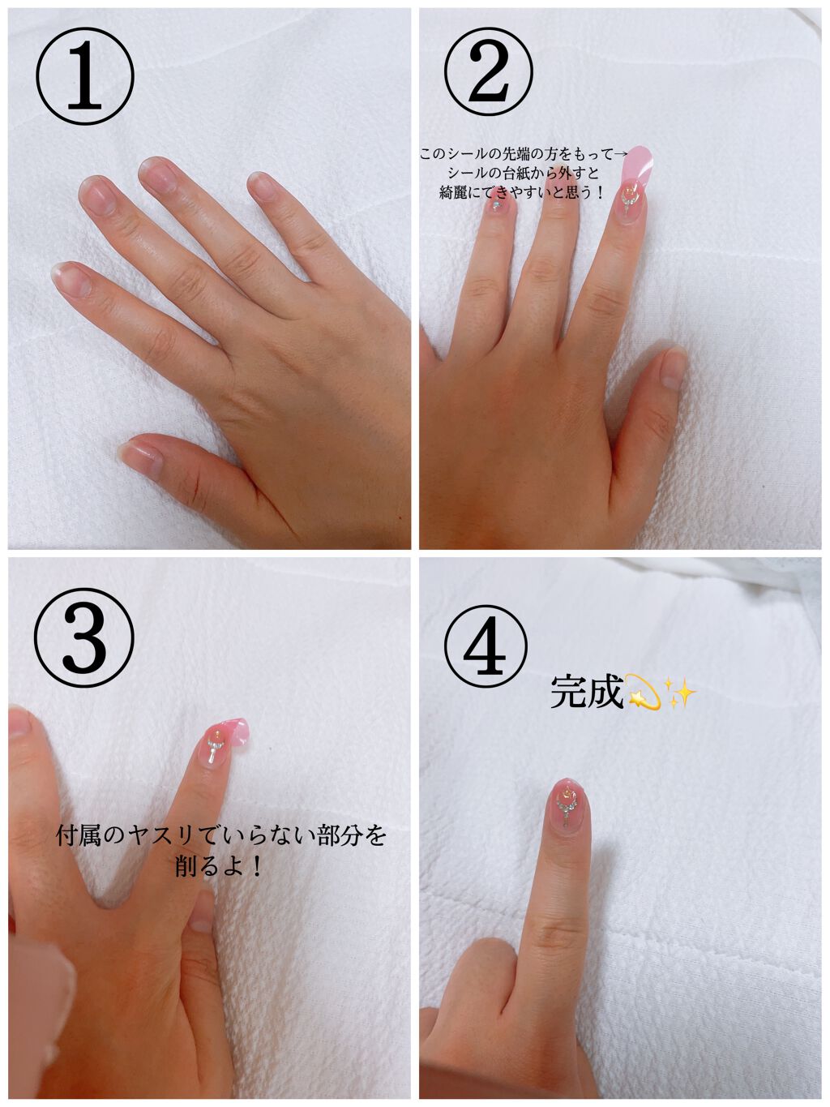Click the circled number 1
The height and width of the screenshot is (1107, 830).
[x=84, y=75]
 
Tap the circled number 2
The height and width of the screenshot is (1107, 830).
[x=488, y=71]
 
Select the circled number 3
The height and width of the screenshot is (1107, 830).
[x=84, y=637]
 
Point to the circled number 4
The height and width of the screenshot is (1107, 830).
[x=486, y=647]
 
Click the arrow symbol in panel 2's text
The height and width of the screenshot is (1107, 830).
[x=622, y=152]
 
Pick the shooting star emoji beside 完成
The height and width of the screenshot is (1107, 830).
[x=642, y=692]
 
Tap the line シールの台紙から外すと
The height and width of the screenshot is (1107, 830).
[x=523, y=173]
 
